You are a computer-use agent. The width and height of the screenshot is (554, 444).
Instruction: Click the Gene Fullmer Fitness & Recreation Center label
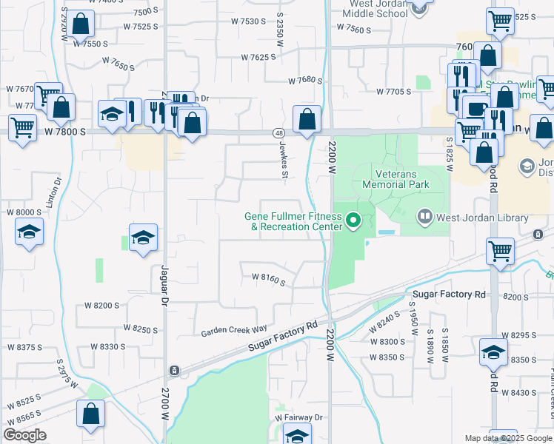tap(293, 221)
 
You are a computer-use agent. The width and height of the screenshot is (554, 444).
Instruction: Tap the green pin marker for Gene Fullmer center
tap(354, 220)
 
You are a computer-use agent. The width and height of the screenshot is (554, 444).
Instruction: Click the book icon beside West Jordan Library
tap(425, 218)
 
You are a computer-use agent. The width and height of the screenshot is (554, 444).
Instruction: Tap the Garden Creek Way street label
tap(234, 331)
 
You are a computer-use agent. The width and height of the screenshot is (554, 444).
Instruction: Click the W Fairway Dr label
tap(299, 417)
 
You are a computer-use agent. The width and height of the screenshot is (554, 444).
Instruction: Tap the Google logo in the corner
tap(25, 434)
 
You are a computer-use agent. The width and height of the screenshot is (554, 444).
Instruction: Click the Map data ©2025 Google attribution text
tap(507, 438)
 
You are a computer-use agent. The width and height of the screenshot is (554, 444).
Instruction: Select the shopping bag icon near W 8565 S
tap(90, 417)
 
